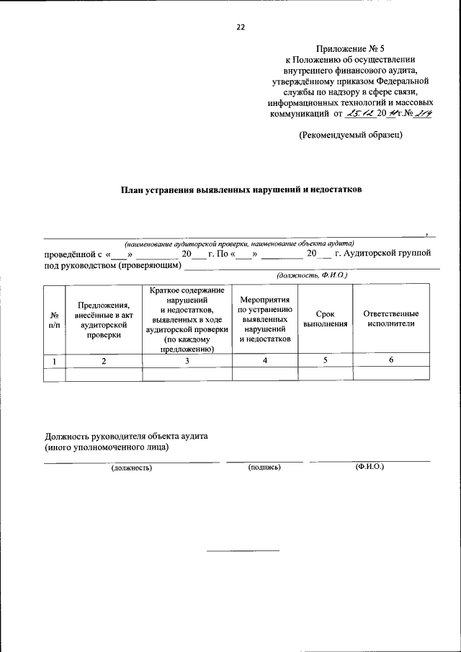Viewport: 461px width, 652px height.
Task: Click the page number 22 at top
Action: coord(241,27)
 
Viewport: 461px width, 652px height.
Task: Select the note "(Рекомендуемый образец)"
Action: coord(351,135)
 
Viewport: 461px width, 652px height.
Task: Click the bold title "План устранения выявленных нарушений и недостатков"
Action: coord(241,190)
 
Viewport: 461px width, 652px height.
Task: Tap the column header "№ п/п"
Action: coord(54,319)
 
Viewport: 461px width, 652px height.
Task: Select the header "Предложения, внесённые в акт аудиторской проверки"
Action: coord(103,319)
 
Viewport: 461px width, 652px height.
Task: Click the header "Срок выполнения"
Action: coord(325,319)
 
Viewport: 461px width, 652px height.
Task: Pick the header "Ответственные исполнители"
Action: coord(390,319)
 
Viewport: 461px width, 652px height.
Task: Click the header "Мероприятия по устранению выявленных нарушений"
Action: coord(265,318)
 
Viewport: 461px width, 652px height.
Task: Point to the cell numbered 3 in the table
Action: coord(187,361)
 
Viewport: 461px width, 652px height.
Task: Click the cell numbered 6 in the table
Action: coord(390,361)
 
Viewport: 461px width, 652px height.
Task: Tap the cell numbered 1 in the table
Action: coord(54,361)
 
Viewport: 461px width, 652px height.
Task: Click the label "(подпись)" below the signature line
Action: coord(264,467)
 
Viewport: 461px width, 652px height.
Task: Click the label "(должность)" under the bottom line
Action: coord(131,468)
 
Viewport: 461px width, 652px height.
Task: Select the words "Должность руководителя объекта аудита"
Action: coord(127,437)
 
